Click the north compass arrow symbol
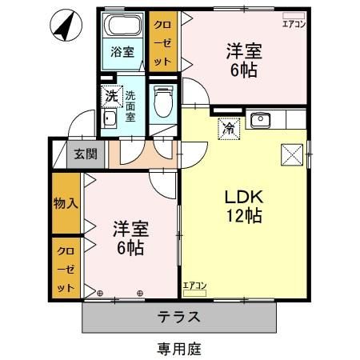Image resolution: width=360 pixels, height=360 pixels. click(x=63, y=26)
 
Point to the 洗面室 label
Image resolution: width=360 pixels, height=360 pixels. click(x=130, y=105)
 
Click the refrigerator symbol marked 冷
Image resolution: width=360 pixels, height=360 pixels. click(x=228, y=126)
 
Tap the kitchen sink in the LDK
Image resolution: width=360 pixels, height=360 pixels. click(x=260, y=121)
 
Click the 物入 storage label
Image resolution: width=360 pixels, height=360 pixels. click(x=66, y=203)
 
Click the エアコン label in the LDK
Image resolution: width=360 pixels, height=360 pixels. click(x=194, y=286)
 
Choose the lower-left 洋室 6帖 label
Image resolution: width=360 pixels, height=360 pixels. click(x=128, y=238)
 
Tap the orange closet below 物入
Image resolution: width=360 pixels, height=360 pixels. click(x=66, y=268)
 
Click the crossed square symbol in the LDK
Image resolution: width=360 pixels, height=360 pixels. click(x=291, y=154)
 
